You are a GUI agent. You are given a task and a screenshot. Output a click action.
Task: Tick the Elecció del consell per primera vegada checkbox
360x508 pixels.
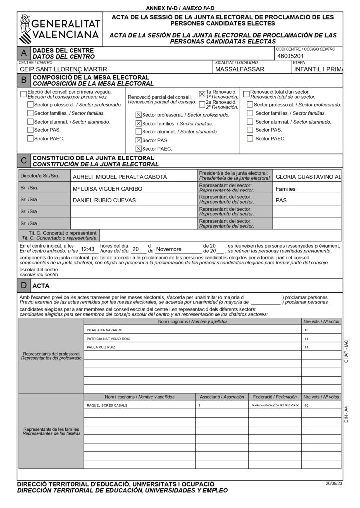[x=23, y=94]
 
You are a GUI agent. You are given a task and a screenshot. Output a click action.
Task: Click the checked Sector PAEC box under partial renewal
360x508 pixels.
[x=138, y=149]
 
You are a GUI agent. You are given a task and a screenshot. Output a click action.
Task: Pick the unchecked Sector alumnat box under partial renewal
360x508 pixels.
[x=138, y=132]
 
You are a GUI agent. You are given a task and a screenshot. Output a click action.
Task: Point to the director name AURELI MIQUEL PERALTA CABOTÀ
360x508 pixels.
[x=120, y=177]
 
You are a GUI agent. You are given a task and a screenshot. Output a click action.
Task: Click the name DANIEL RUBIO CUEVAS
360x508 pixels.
[x=103, y=201]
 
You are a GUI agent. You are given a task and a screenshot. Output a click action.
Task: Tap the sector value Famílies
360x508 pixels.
[x=286, y=189]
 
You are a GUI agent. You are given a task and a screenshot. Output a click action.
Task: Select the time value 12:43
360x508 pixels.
[x=87, y=249]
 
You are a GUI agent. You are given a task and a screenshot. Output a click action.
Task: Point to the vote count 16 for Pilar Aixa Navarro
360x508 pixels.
[x=306, y=330]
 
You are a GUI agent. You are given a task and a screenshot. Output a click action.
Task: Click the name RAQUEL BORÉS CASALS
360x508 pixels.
[x=107, y=405]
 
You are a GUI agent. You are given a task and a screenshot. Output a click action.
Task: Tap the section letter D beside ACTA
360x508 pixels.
[x=24, y=286]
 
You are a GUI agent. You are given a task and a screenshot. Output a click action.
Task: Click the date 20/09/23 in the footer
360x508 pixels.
[x=334, y=483]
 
